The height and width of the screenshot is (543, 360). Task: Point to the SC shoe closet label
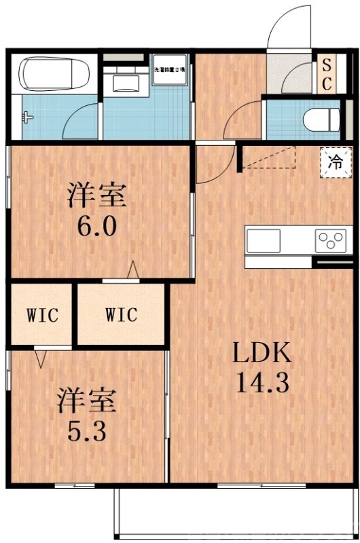point(326,75)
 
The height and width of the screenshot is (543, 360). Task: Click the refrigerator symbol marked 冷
point(335,162)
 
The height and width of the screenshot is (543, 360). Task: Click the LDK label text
point(263,353)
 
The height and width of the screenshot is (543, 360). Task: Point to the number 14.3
point(263,383)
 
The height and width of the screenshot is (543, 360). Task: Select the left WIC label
point(41,316)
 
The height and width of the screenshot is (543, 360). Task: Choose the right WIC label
point(121,316)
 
